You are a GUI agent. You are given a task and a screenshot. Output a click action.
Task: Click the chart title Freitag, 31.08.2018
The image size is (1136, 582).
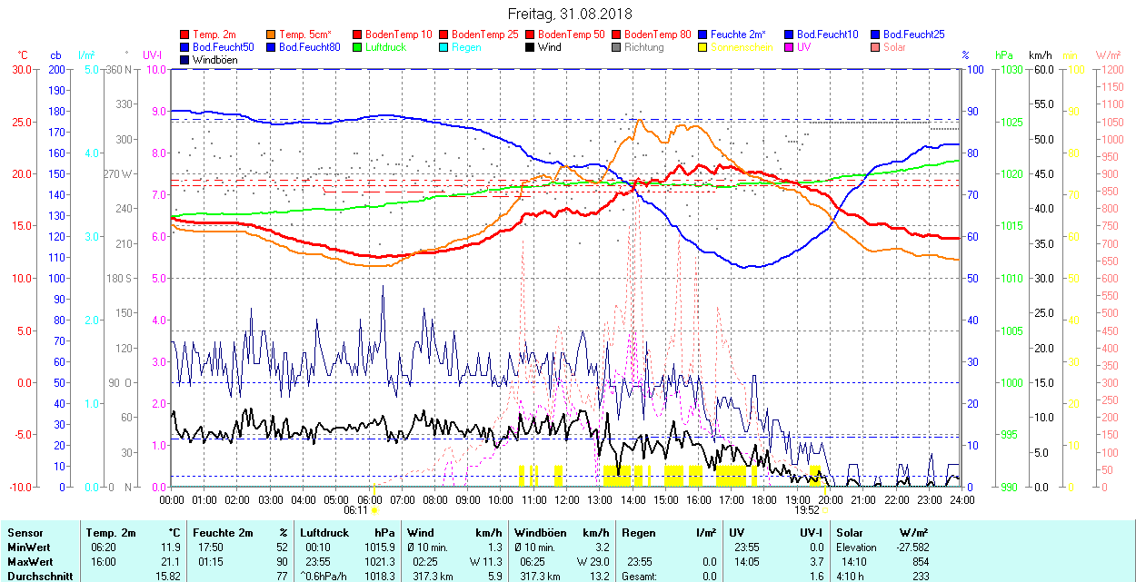[569, 14]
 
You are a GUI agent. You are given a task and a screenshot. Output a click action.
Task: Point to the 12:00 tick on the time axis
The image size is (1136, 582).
[567, 499]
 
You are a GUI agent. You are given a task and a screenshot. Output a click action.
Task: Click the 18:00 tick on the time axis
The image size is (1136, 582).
[764, 499]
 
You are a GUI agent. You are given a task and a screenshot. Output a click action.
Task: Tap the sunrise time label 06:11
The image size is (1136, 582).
[356, 510]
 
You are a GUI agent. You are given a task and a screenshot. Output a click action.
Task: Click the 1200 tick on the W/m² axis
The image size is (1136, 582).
[1111, 69]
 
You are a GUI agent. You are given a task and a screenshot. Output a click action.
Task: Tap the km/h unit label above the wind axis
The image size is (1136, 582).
[1041, 55]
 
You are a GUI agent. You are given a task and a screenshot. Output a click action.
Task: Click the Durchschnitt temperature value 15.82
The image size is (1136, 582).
[168, 577]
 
